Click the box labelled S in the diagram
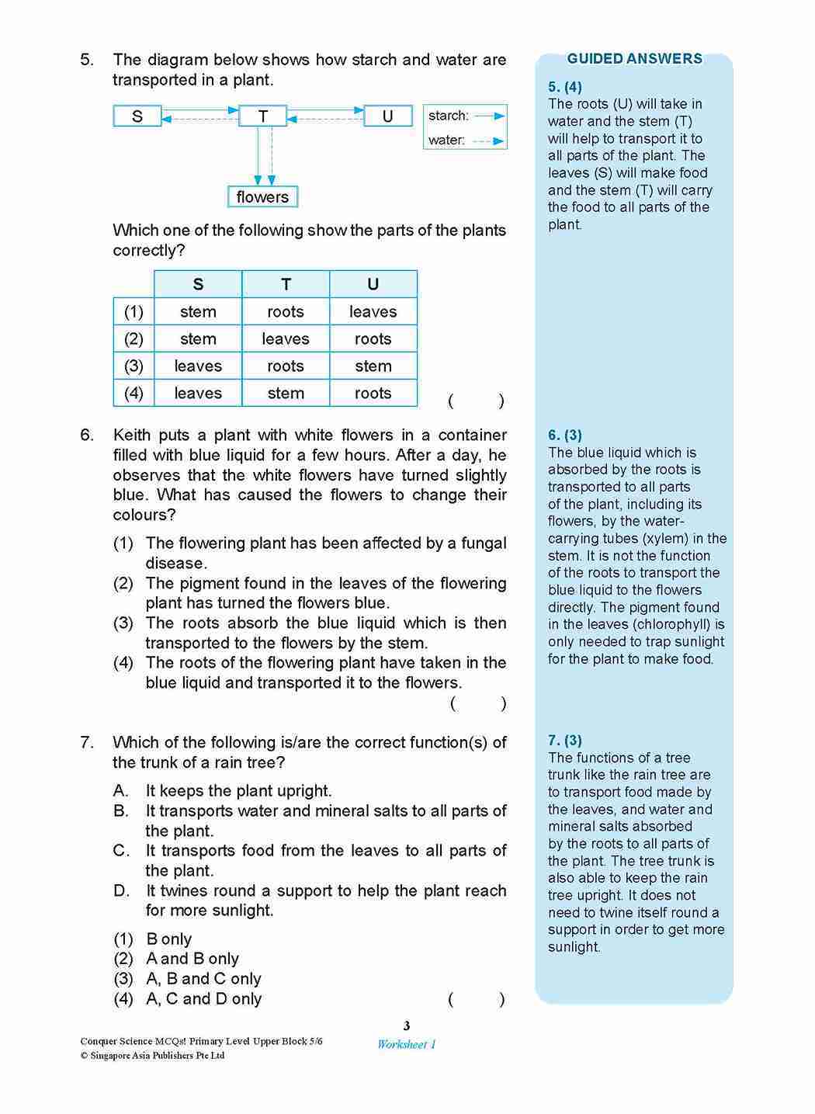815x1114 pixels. pyautogui.click(x=137, y=116)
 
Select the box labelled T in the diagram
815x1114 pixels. pyautogui.click(x=263, y=116)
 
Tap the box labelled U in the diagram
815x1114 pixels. pyautogui.click(x=387, y=116)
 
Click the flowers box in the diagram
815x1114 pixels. pyautogui.click(x=262, y=197)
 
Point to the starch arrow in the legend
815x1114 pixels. pyautogui.click(x=490, y=116)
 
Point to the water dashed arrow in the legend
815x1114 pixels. pyautogui.click(x=490, y=141)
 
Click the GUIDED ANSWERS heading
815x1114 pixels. pyautogui.click(x=634, y=59)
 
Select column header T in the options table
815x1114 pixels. pyautogui.click(x=286, y=284)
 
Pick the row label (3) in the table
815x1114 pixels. pyautogui.click(x=134, y=366)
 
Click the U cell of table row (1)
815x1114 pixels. pyautogui.click(x=373, y=312)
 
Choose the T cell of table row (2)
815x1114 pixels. pyautogui.click(x=286, y=339)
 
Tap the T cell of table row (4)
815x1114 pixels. pyautogui.click(x=286, y=394)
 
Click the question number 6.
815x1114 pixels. pyautogui.click(x=87, y=436)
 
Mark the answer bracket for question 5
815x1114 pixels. pyautogui.click(x=476, y=401)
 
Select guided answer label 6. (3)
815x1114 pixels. pyautogui.click(x=564, y=436)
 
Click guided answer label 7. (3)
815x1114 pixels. pyautogui.click(x=564, y=741)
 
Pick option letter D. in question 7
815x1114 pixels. pyautogui.click(x=121, y=890)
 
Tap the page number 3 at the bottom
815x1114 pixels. pyautogui.click(x=407, y=1026)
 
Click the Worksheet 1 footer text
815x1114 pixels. pyautogui.click(x=407, y=1045)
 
